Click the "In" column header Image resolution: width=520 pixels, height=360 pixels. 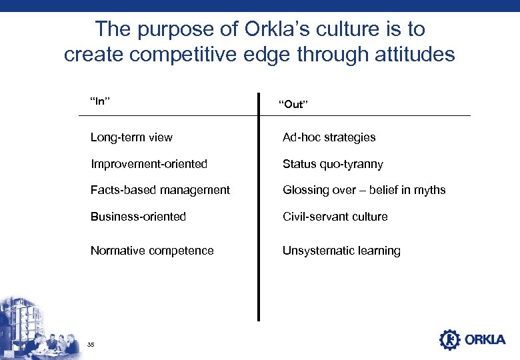coord(100,101)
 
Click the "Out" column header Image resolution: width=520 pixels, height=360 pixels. coord(293,104)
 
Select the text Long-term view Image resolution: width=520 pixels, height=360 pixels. coord(131,137)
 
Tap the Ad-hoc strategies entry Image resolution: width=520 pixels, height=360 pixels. coord(329,137)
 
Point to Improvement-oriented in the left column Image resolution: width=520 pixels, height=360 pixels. coord(149,164)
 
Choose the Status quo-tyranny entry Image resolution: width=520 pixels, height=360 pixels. coord(333,164)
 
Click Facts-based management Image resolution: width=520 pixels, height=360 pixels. coord(160,190)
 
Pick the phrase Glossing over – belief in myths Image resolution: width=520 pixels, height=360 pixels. coord(364,190)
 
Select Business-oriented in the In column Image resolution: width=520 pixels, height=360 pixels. coord(138,217)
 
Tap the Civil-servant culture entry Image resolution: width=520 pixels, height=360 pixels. coord(335,217)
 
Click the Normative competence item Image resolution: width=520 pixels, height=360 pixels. coord(152,251)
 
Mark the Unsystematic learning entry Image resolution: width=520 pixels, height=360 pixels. coord(341,251)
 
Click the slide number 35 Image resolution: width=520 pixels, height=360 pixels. coord(91,344)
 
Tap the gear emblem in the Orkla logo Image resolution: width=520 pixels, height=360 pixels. coord(449,339)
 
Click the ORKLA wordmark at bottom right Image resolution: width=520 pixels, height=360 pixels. coord(485,340)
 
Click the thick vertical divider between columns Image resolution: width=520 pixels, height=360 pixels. coord(259,207)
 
